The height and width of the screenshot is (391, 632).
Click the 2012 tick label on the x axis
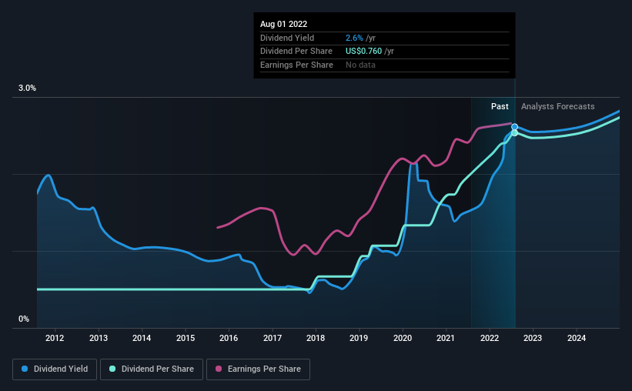tap(55, 338)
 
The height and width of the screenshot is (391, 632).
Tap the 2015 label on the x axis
tap(185, 338)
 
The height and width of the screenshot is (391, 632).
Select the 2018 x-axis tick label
tap(316, 338)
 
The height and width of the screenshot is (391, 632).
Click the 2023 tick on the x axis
tap(533, 338)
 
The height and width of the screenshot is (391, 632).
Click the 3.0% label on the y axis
tap(28, 89)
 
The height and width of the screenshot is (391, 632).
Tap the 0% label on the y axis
tap(24, 319)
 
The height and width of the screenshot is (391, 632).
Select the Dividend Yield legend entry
tap(55, 369)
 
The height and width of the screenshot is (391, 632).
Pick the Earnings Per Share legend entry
tap(259, 369)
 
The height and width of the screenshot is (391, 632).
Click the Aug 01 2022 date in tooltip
tap(283, 25)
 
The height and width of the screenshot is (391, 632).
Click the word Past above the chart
tap(500, 106)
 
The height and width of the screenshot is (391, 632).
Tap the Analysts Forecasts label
tap(557, 106)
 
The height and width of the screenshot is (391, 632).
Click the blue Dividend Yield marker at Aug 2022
tap(514, 127)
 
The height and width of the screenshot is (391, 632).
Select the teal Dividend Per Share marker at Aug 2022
tap(514, 133)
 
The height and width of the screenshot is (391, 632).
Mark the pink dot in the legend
tap(219, 369)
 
